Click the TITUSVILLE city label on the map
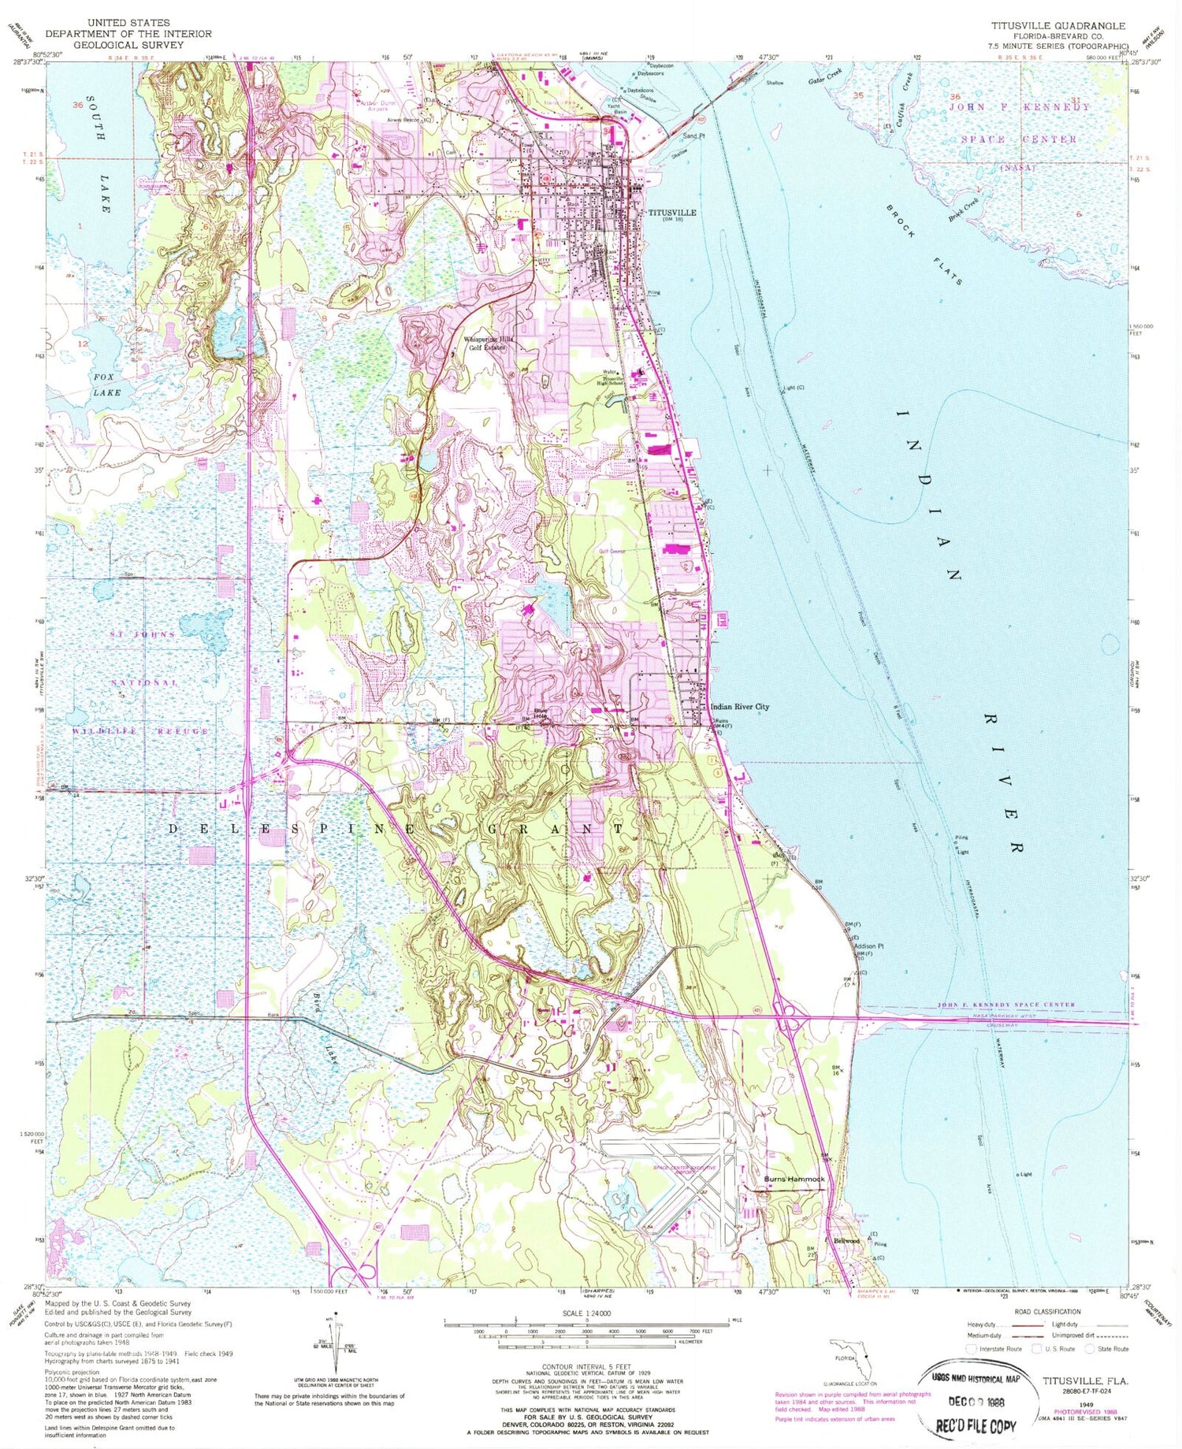[x=671, y=213]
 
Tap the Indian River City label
[x=739, y=707]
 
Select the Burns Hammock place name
[x=794, y=1180]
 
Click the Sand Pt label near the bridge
[x=693, y=136]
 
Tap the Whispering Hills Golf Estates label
[x=489, y=343]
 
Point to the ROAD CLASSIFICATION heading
[x=1049, y=1312]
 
